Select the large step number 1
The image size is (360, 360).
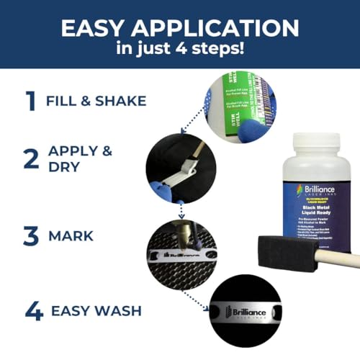pos(30,100)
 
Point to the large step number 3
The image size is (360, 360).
pos(30,234)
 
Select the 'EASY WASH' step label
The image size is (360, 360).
pos(96,312)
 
